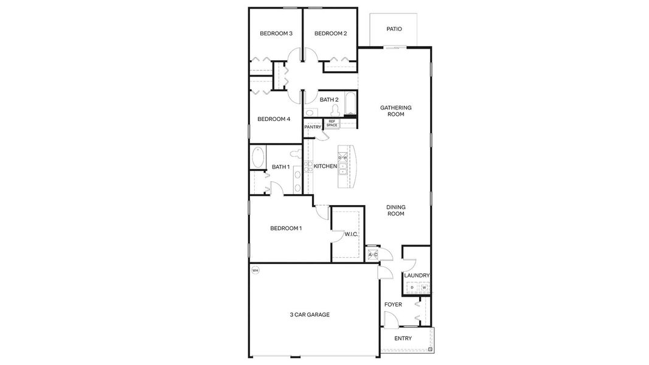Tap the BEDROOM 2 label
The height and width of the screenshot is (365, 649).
(x=330, y=33)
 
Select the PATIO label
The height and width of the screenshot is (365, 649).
(x=394, y=29)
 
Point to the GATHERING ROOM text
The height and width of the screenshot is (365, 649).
(x=396, y=111)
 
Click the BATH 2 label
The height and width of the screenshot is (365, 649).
(x=329, y=100)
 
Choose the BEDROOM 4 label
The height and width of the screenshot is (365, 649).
(x=274, y=119)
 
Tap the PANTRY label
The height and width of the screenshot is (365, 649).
(x=313, y=127)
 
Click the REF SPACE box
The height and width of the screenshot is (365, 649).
(x=332, y=123)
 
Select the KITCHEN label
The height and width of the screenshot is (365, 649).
(x=325, y=166)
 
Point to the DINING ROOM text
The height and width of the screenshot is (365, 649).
(x=396, y=210)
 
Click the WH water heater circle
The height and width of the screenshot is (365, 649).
(x=255, y=270)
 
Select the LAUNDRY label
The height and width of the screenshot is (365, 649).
(x=417, y=276)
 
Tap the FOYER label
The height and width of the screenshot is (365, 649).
(x=393, y=304)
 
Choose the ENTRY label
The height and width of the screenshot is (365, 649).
(x=403, y=339)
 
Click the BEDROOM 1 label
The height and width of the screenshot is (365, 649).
(x=286, y=228)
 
